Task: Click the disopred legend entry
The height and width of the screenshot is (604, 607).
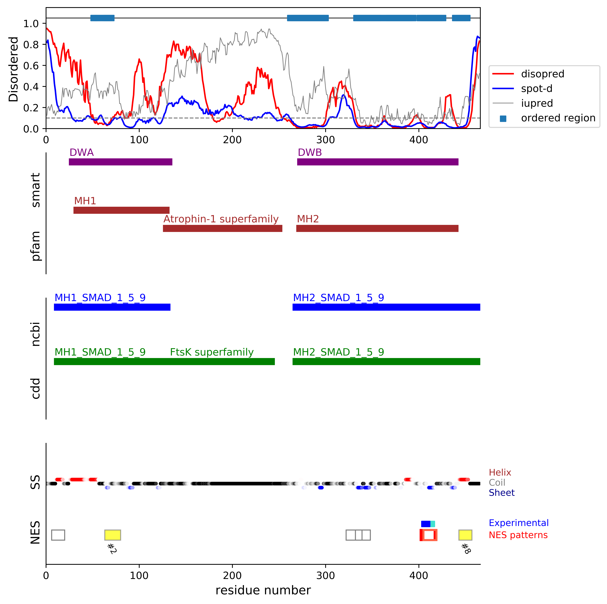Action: point(543,74)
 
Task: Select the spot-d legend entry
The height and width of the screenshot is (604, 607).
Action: point(536,89)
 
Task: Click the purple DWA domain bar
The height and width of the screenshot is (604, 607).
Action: point(120,162)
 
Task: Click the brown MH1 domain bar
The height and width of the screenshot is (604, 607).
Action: point(121,210)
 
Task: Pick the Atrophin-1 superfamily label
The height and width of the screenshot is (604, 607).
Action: point(221,219)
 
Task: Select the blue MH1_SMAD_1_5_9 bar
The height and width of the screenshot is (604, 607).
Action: point(112,307)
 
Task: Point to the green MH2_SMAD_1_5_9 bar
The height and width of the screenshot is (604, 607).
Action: point(386,361)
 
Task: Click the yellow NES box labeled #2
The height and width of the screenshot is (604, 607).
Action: point(112,535)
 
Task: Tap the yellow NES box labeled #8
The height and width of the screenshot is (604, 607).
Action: point(465,535)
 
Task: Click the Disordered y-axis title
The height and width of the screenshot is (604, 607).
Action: point(13,69)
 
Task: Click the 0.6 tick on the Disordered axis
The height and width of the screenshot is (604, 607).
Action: point(31,66)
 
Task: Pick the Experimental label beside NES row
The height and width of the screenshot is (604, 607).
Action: point(518,523)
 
